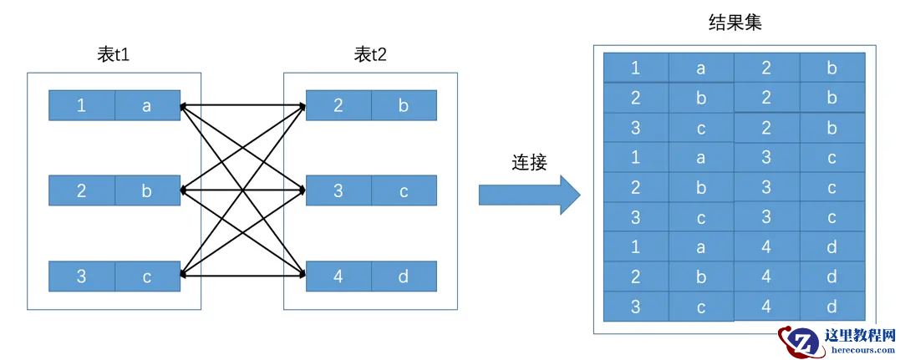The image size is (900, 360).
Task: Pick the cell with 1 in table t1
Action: pos(81,106)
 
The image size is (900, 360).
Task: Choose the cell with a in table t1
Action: pos(147,106)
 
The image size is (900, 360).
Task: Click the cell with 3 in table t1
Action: pos(81,276)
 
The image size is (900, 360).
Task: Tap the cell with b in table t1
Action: pos(147,191)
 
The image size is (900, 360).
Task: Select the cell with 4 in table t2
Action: pos(338,276)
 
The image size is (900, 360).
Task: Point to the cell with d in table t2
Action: pos(404,276)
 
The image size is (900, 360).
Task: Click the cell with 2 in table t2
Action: pos(338,106)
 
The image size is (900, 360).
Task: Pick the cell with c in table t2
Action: pos(404,191)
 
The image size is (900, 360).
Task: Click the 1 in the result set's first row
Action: pos(636,68)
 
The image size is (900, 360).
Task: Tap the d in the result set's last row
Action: pos(831,307)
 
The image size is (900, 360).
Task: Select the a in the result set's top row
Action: pos(701,68)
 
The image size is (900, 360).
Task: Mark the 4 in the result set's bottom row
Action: pos(766,307)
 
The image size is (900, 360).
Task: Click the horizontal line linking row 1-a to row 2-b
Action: pos(242,106)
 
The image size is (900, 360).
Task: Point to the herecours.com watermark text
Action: pos(860,352)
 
